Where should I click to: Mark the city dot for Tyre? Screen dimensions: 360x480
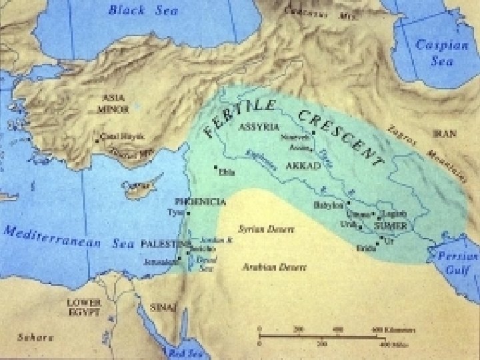(x=188, y=213)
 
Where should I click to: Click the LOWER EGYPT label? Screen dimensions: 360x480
(x=83, y=307)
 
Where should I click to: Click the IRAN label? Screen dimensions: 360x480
(x=445, y=134)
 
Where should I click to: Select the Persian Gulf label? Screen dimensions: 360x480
(x=457, y=263)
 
